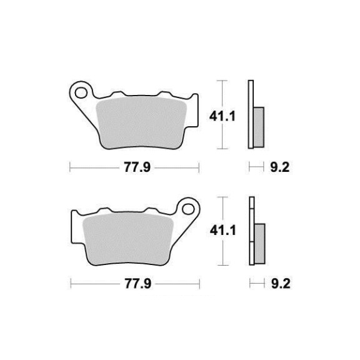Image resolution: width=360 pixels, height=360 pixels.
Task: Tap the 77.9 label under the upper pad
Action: tap(137, 167)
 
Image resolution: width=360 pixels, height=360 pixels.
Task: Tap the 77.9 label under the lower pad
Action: tap(138, 284)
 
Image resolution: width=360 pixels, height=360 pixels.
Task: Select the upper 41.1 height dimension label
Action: tap(222, 116)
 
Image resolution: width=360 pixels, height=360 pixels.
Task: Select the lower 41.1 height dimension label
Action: tap(223, 231)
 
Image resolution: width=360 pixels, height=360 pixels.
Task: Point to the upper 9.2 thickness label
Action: tap(279, 167)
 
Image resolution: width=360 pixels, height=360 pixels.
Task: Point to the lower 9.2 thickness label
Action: tap(281, 284)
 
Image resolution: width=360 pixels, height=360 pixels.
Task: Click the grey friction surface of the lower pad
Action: tap(128, 239)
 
